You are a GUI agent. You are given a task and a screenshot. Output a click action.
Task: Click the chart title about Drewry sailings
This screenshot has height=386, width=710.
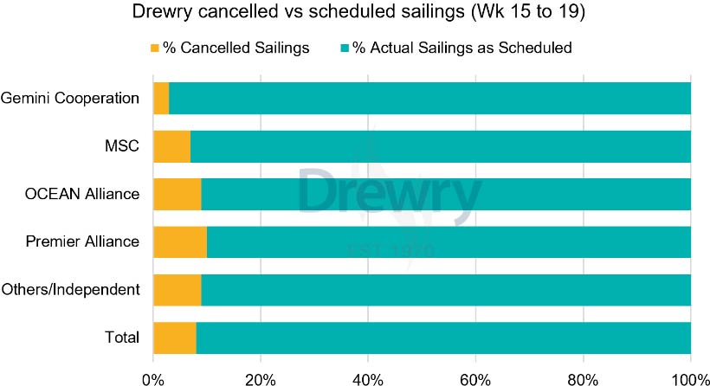[x=355, y=15]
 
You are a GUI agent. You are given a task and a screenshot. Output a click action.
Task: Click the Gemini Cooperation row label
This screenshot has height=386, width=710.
[x=70, y=98]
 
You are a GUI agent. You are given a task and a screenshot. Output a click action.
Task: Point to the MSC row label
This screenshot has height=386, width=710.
[x=123, y=146]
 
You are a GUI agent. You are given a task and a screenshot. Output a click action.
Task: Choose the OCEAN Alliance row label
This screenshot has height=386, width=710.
[x=82, y=194]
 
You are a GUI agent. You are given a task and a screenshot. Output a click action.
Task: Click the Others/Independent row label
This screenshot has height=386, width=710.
[x=71, y=289]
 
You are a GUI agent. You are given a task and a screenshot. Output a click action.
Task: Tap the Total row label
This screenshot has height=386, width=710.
[x=122, y=338]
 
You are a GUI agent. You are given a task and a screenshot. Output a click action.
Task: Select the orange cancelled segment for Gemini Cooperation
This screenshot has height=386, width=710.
[x=161, y=98]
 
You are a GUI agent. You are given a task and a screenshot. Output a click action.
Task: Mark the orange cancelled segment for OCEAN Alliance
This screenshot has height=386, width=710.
[x=177, y=194]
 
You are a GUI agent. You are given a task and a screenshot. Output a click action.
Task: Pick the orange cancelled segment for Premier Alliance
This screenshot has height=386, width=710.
[x=179, y=241]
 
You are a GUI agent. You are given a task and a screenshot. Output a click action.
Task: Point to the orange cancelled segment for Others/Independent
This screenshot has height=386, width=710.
[x=177, y=289]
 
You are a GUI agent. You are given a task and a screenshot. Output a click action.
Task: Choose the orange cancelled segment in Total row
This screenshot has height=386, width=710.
[x=174, y=338]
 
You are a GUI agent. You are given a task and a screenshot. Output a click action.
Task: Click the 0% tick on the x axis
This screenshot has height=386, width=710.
[x=153, y=378]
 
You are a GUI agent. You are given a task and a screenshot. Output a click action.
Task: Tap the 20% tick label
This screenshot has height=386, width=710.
[x=260, y=378]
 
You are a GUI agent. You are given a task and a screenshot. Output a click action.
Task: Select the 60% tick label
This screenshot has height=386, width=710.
[x=475, y=378]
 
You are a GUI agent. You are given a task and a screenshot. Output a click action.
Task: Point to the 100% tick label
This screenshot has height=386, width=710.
[x=690, y=378]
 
